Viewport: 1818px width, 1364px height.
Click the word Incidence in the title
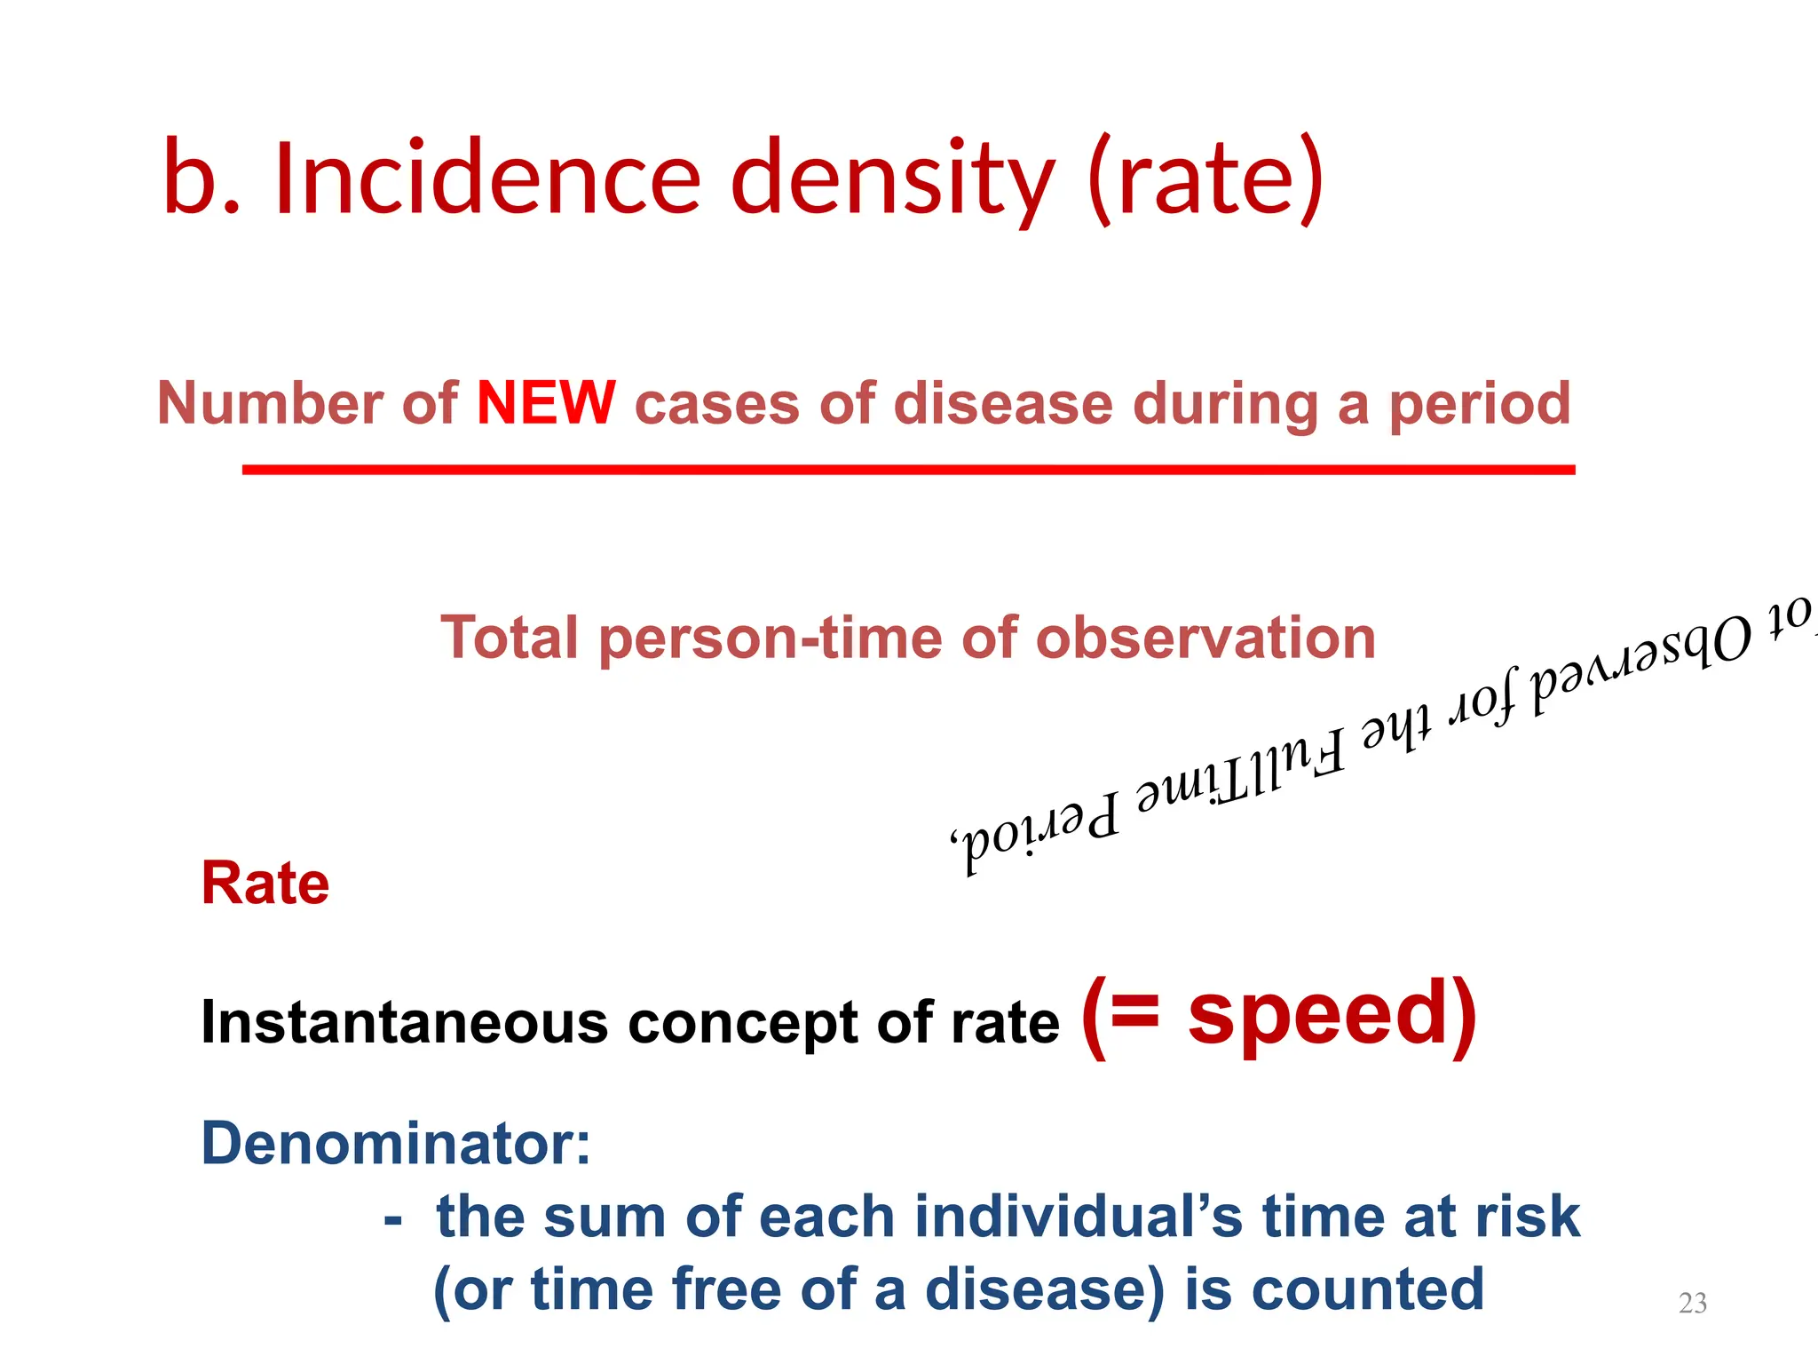point(487,178)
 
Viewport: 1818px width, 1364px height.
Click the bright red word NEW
point(546,404)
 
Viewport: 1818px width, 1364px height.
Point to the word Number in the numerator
point(270,404)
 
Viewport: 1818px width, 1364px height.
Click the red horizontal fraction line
point(908,470)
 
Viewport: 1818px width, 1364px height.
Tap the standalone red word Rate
point(265,884)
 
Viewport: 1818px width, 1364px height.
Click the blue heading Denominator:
point(395,1144)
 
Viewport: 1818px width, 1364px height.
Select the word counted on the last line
point(1367,1289)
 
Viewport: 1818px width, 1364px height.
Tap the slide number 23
point(1692,1303)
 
